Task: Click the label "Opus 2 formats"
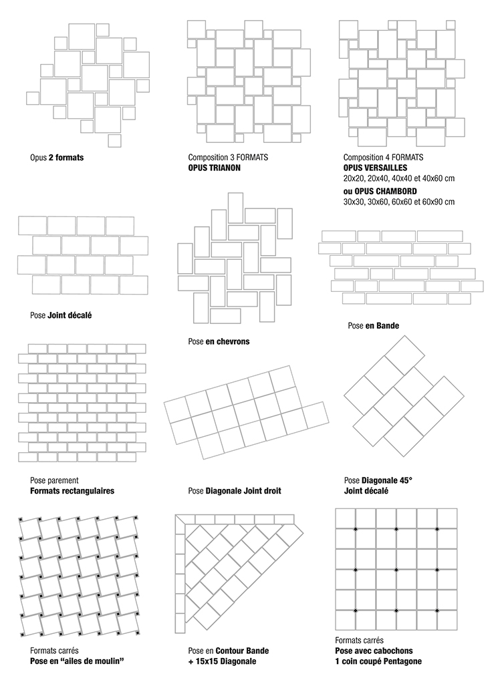click(57, 158)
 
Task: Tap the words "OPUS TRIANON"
click(214, 168)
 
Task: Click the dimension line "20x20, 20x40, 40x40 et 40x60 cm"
click(398, 178)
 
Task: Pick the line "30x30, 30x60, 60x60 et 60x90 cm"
click(398, 201)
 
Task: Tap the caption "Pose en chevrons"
click(219, 341)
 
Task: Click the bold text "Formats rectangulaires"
click(72, 490)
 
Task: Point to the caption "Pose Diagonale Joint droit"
click(234, 491)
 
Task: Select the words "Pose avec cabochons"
click(374, 651)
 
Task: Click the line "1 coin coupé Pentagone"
click(378, 661)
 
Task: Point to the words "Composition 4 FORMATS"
click(378, 158)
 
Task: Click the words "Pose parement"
click(54, 480)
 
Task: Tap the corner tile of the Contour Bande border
click(179, 520)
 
